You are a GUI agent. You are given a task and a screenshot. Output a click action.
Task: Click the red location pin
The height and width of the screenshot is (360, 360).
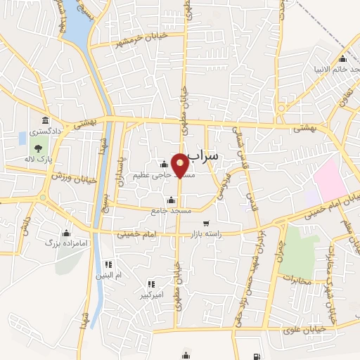pyautogui.click(x=180, y=165)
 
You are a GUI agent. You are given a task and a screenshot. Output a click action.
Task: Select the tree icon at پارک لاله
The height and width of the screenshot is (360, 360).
pyautogui.click(x=36, y=147)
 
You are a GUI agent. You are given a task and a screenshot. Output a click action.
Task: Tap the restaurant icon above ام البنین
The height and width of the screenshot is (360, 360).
pyautogui.click(x=108, y=264)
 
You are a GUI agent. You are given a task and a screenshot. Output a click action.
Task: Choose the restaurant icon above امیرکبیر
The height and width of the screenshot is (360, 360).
pyautogui.click(x=150, y=284)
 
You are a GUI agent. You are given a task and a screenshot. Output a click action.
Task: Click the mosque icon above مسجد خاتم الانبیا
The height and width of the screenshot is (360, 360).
pyautogui.click(x=342, y=59)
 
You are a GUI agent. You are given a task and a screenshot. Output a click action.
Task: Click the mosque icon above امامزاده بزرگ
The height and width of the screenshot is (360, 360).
pyautogui.click(x=67, y=232)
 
